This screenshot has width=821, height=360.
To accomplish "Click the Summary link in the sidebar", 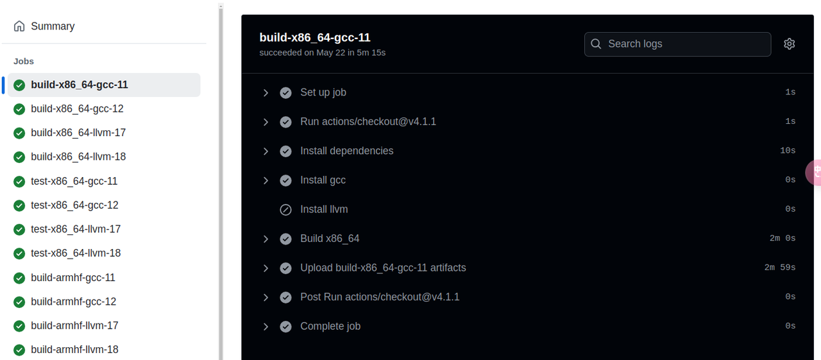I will pyautogui.click(x=53, y=26).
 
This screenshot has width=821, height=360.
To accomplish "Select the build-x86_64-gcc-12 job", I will pyautogui.click(x=77, y=109).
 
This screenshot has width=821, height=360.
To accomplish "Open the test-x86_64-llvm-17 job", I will pyautogui.click(x=76, y=229).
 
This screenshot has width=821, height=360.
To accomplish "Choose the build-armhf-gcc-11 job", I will pyautogui.click(x=73, y=277).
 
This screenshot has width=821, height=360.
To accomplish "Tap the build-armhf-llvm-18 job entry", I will pyautogui.click(x=74, y=350).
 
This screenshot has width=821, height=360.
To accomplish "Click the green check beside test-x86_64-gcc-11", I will pyautogui.click(x=19, y=182).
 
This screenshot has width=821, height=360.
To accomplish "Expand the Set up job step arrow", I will pyautogui.click(x=266, y=93).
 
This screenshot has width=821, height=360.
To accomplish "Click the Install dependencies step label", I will pyautogui.click(x=346, y=151).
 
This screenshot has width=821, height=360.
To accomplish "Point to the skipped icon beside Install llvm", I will pyautogui.click(x=286, y=210).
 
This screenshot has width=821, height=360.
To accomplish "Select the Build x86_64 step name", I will pyautogui.click(x=330, y=239).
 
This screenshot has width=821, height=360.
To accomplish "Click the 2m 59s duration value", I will pyautogui.click(x=779, y=268).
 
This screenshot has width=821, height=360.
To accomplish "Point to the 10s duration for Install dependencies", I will pyautogui.click(x=787, y=151).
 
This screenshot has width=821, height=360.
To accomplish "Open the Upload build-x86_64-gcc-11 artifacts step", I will pyautogui.click(x=383, y=268).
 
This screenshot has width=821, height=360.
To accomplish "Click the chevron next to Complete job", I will pyautogui.click(x=266, y=327).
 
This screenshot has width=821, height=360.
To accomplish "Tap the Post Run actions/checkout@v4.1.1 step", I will pyautogui.click(x=380, y=297).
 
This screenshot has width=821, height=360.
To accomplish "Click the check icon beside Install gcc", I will pyautogui.click(x=286, y=180).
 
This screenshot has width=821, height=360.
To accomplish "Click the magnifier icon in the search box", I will pyautogui.click(x=597, y=44).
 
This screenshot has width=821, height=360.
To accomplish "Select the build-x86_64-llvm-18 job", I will pyautogui.click(x=78, y=157).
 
